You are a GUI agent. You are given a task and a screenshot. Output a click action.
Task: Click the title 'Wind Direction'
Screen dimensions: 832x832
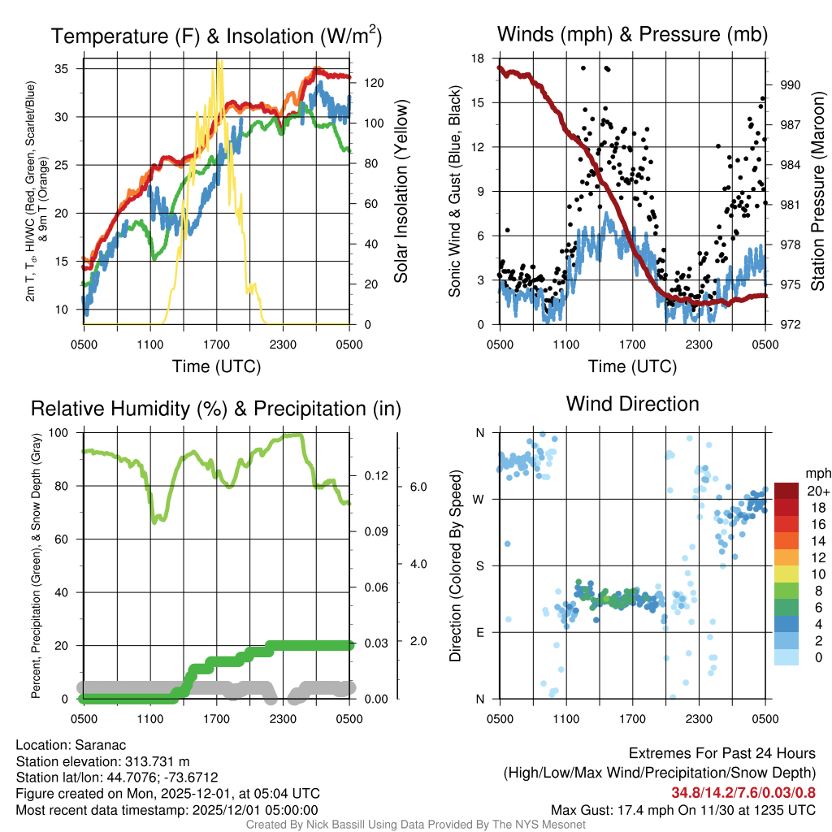pyautogui.click(x=632, y=404)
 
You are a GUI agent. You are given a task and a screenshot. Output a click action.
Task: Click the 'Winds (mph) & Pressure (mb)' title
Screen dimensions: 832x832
pyautogui.click(x=632, y=35)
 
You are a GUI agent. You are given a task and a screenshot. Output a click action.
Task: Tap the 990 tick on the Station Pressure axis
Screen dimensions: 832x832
pyautogui.click(x=790, y=84)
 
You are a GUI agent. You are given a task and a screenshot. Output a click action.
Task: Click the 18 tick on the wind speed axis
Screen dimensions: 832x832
pyautogui.click(x=478, y=58)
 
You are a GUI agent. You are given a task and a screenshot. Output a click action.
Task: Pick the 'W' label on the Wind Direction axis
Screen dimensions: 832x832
pyautogui.click(x=479, y=499)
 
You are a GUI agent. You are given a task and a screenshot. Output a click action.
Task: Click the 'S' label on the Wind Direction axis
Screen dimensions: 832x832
pyautogui.click(x=479, y=565)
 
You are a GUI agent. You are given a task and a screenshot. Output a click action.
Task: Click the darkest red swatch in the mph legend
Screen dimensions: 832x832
pyautogui.click(x=787, y=491)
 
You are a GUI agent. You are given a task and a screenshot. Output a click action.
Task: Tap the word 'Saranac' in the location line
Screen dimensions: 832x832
pyautogui.click(x=102, y=745)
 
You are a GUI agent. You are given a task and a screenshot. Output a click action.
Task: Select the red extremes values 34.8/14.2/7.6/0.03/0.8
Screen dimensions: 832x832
pyautogui.click(x=743, y=793)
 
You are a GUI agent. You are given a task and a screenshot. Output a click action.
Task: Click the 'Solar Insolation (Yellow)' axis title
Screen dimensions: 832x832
pyautogui.click(x=401, y=192)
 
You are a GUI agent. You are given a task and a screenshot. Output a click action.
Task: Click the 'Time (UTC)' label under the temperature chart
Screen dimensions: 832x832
pyautogui.click(x=216, y=366)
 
